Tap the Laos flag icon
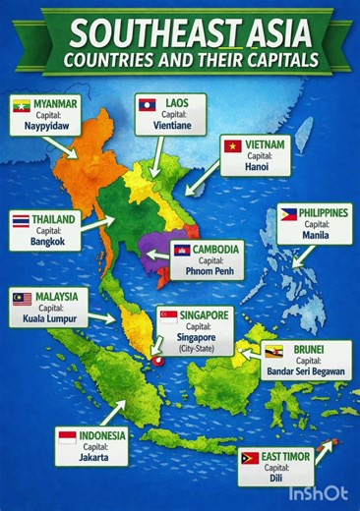145,102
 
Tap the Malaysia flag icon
22,297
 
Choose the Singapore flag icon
169,316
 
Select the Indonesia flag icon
68,436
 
